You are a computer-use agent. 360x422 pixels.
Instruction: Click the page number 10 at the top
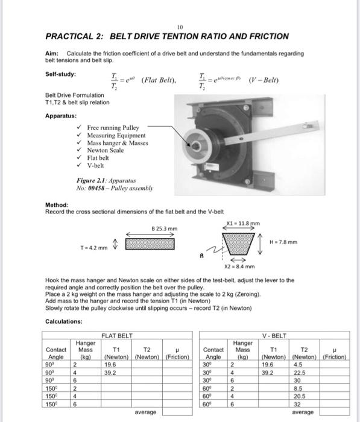click(180, 27)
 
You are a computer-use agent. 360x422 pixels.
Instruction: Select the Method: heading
click(58, 205)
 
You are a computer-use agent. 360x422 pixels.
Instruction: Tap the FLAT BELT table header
click(118, 335)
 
